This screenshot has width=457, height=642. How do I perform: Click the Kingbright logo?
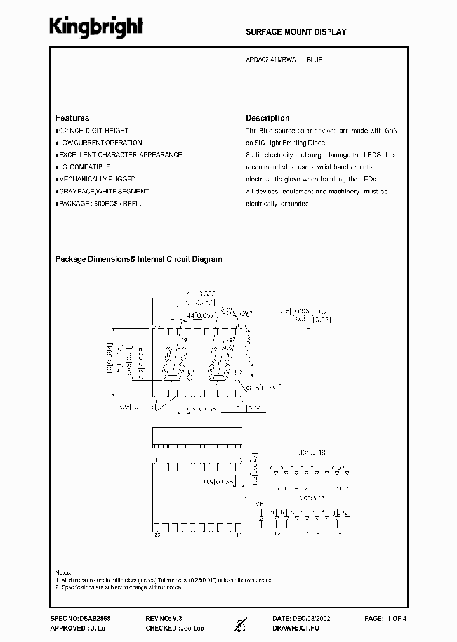click(96, 27)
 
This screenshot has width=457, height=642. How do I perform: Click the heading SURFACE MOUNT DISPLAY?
click(296, 32)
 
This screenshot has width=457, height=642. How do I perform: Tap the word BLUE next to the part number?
click(314, 60)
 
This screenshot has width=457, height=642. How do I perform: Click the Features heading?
click(72, 118)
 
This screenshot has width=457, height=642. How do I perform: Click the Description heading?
click(267, 118)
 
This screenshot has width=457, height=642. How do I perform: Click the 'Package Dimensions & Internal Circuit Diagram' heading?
click(138, 259)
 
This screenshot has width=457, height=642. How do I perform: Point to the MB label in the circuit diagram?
click(260, 505)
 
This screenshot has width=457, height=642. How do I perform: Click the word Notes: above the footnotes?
click(63, 572)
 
